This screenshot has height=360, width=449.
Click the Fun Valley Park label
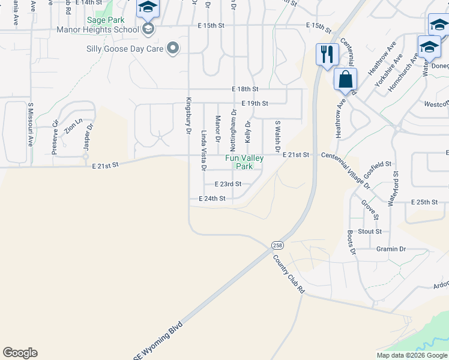(x=244, y=162)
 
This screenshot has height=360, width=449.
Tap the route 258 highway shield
(x=277, y=245)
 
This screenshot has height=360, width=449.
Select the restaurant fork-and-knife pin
(x=327, y=55)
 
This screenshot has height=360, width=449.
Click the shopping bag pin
(x=345, y=79)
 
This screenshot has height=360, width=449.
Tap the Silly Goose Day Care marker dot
(x=173, y=48)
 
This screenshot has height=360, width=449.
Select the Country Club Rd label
(x=289, y=274)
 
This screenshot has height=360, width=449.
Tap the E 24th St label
(x=212, y=198)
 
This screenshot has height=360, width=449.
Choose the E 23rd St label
(x=228, y=184)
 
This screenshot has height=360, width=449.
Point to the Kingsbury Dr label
(x=188, y=115)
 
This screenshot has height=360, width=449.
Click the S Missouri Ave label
(x=30, y=125)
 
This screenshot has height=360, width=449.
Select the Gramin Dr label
(x=391, y=249)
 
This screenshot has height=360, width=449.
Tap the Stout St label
(x=370, y=231)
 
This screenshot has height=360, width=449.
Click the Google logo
(x=20, y=353)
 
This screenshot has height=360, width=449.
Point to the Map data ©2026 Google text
(x=412, y=355)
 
